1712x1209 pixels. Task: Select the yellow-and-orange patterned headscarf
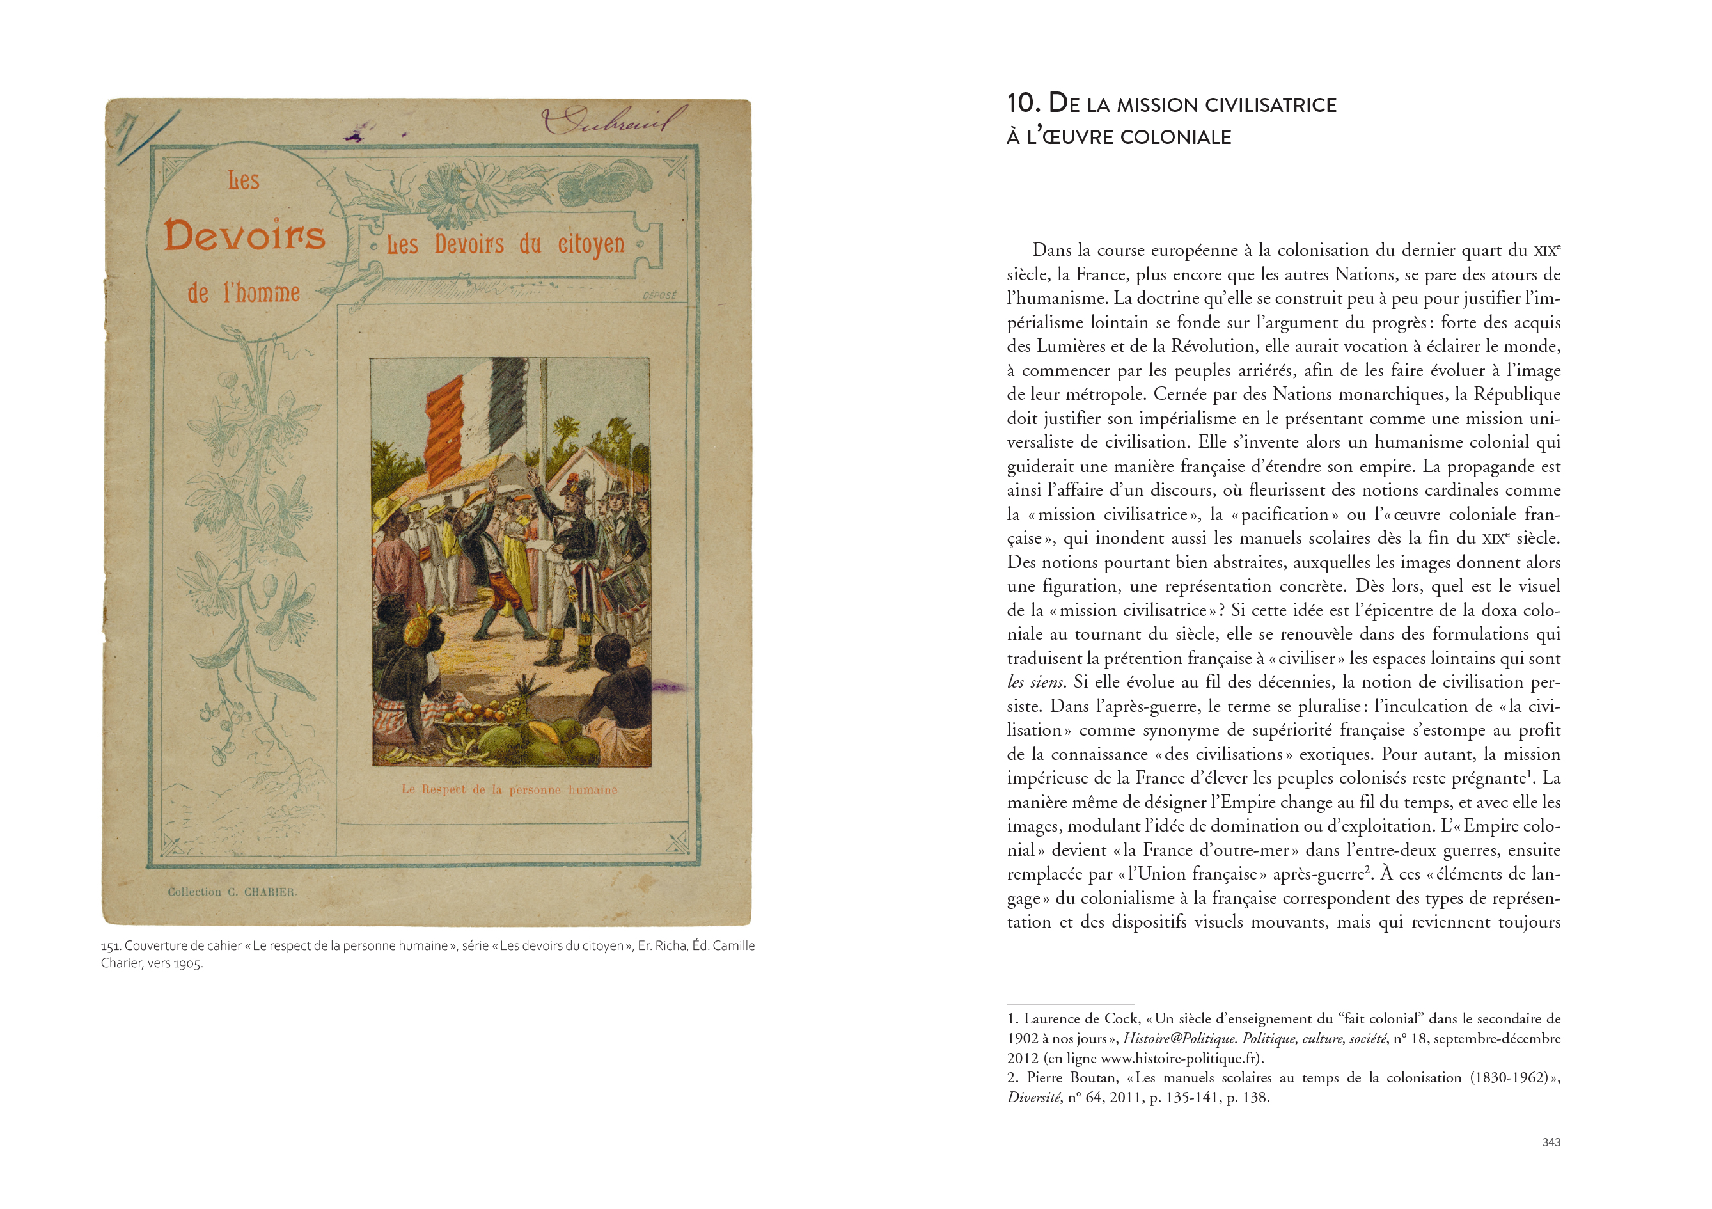[x=422, y=625]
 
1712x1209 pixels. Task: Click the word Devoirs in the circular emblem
[x=244, y=235]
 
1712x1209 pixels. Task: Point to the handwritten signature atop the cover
[x=613, y=120]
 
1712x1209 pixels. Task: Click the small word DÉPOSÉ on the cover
[x=659, y=296]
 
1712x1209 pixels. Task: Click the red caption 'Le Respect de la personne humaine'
[x=509, y=789]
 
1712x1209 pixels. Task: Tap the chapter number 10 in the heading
[x=1023, y=103]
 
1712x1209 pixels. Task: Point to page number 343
[x=1551, y=1142]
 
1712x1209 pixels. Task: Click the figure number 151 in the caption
[x=111, y=945]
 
